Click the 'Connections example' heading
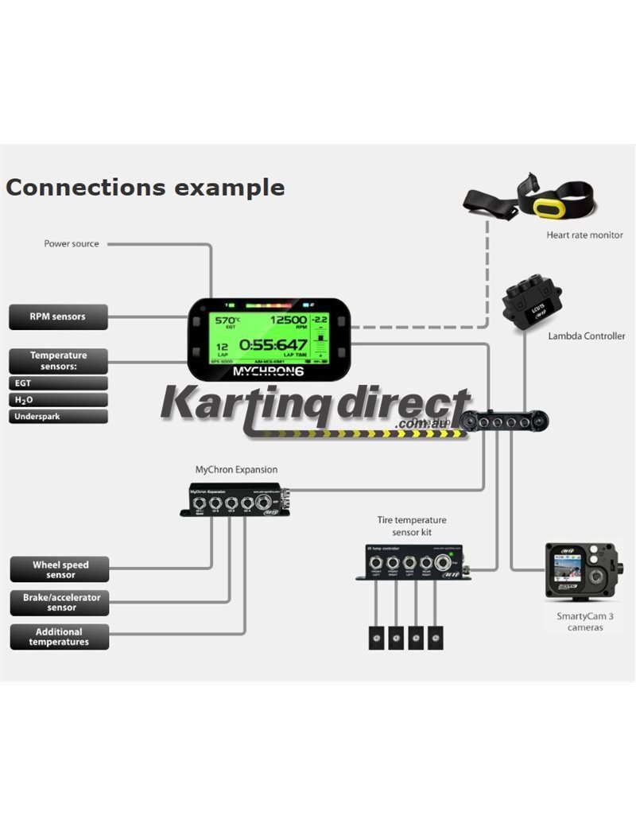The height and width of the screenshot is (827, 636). (x=145, y=188)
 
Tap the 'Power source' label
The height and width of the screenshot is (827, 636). (x=72, y=243)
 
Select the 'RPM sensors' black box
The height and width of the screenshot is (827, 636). (x=57, y=316)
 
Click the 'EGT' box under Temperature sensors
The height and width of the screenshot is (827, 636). (x=57, y=382)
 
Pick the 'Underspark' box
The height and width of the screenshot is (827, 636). (x=57, y=416)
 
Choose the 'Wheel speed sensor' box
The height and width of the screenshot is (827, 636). (x=60, y=569)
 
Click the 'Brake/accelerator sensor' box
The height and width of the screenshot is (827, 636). (x=60, y=603)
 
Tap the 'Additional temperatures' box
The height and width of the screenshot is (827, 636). (x=59, y=637)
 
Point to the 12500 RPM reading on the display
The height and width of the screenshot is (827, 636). (x=288, y=320)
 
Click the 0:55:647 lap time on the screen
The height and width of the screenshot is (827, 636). (x=273, y=345)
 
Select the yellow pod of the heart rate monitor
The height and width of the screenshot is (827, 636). (x=549, y=208)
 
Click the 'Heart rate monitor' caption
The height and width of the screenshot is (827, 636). (x=584, y=235)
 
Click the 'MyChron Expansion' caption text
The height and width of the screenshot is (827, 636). (x=236, y=470)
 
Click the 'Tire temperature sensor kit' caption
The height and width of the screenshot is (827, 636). (x=411, y=526)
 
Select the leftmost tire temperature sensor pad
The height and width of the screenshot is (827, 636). (x=376, y=638)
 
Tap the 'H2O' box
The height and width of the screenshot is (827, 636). (x=57, y=399)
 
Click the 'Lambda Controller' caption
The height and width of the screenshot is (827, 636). (x=586, y=336)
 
